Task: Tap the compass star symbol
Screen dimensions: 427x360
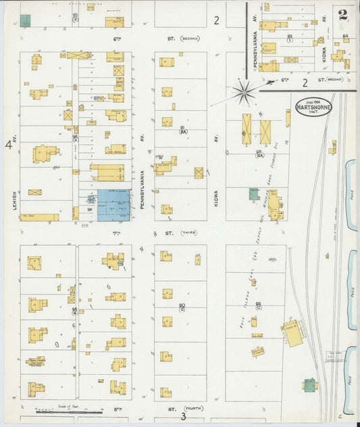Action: pos(243,89)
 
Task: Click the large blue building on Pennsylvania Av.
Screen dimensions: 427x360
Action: pos(113,205)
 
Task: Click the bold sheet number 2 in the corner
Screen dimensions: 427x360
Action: pos(343,14)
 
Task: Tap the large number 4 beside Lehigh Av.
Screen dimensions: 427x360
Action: pos(9,144)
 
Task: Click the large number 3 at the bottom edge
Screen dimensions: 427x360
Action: pos(183,417)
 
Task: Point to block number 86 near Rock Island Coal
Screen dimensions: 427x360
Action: pos(258,305)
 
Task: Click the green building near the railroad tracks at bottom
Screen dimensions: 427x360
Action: pos(310,385)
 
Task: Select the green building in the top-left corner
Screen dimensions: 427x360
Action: pos(25,20)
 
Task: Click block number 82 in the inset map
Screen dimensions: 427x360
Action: pos(290,37)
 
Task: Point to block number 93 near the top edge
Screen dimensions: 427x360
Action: pos(75,16)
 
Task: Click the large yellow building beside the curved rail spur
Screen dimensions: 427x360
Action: pos(292,334)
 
